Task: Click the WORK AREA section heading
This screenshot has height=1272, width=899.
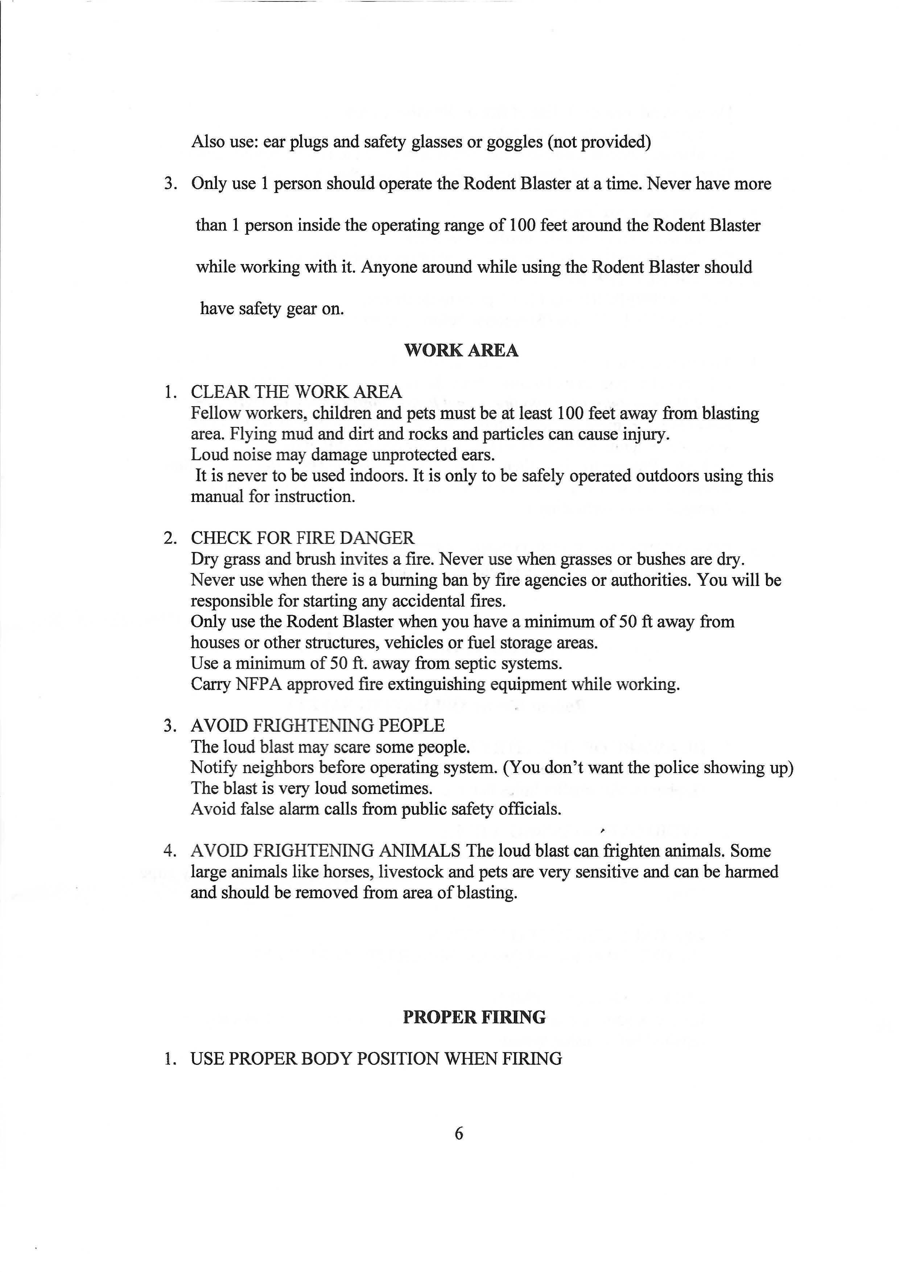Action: point(461,351)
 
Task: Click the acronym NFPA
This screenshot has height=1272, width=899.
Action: point(259,685)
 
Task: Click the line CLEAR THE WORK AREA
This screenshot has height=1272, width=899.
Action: point(296,392)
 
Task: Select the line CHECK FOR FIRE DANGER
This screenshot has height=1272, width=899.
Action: point(302,538)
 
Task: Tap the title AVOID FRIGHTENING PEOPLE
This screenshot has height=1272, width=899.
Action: point(317,726)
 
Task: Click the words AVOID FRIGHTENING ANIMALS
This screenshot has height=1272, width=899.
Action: point(326,851)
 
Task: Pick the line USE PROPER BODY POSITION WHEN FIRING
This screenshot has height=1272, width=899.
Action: point(376,1059)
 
